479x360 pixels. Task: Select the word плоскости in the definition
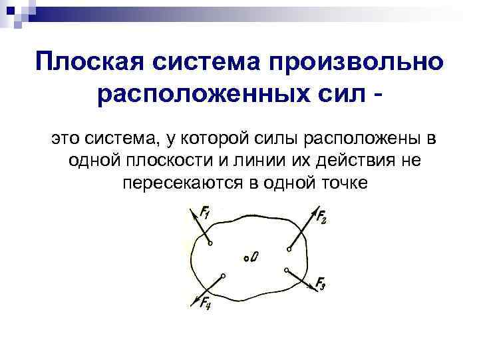pyautogui.click(x=170, y=161)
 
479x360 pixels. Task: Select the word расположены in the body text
pyautogui.click(x=360, y=140)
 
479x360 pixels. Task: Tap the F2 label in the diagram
pyautogui.click(x=321, y=217)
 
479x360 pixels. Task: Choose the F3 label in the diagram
pyautogui.click(x=320, y=285)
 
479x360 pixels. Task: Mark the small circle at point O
pyautogui.click(x=245, y=257)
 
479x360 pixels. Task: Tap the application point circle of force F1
pyautogui.click(x=210, y=244)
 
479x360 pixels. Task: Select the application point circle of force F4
pyautogui.click(x=223, y=275)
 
